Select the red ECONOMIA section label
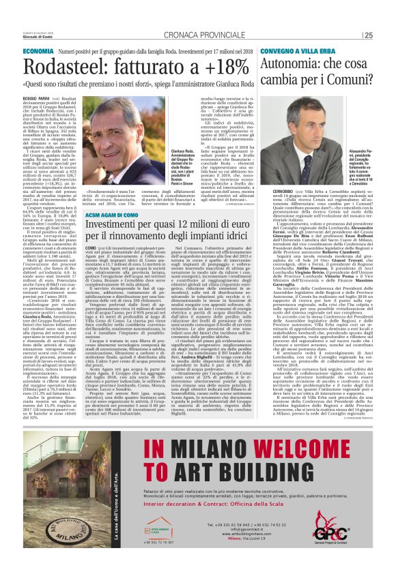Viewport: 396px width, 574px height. click(38, 52)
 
